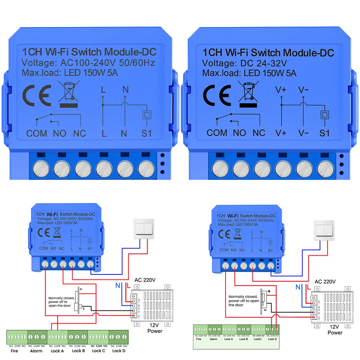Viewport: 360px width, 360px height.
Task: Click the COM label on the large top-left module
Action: (37, 133)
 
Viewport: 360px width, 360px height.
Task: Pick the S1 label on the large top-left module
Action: (146, 133)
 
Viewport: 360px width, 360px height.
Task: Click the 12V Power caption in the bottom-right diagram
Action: (335, 330)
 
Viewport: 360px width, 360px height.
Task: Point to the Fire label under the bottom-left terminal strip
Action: (14, 351)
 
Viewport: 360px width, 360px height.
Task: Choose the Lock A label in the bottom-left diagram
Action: (58, 351)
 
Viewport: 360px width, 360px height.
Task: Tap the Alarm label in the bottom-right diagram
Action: (214, 339)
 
